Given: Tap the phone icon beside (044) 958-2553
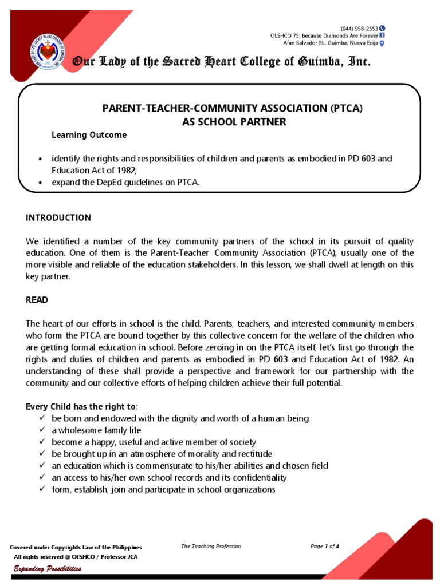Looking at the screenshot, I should tap(382, 28).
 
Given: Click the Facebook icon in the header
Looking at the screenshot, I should tap(382, 35).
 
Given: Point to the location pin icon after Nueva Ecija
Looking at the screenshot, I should tap(382, 43).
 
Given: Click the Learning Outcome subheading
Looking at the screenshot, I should tap(89, 136).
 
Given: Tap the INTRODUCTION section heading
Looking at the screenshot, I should tap(58, 218).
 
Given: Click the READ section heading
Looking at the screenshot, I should tap(37, 299).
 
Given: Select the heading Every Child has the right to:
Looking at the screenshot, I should tap(82, 407).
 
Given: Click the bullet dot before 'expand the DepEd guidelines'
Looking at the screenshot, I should tap(40, 182).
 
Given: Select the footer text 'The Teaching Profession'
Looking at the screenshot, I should tap(211, 547).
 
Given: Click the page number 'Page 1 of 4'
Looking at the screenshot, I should tap(325, 547).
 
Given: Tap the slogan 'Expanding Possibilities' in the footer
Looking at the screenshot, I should tap(48, 569).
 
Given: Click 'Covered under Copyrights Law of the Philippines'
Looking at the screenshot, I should tap(76, 548).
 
